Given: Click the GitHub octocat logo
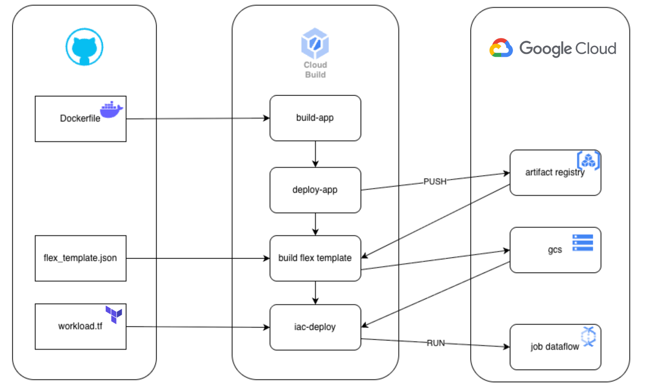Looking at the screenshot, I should (84, 47).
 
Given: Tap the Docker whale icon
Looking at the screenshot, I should (111, 110).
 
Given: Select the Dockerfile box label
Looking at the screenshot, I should (80, 119).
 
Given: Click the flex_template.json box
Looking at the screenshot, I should (80, 258).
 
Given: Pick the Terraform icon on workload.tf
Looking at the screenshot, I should (114, 314).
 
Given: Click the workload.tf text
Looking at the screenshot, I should (80, 326).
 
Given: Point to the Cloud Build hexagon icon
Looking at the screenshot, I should (315, 43).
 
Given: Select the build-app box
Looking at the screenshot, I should (315, 118).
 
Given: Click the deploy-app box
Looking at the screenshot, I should (315, 190).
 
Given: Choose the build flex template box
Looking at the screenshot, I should (315, 258).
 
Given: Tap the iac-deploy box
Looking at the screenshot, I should (315, 327).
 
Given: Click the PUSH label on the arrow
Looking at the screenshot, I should (435, 181).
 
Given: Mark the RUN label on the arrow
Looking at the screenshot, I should (436, 343).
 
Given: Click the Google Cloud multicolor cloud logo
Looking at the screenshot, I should (501, 48).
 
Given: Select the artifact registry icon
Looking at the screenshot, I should (588, 160).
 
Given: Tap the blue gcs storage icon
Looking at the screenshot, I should (583, 242).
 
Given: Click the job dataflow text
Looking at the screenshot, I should (554, 347).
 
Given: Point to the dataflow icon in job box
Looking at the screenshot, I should (589, 336).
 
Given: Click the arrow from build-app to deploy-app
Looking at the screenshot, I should (315, 154).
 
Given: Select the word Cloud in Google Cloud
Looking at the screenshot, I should (595, 49).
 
